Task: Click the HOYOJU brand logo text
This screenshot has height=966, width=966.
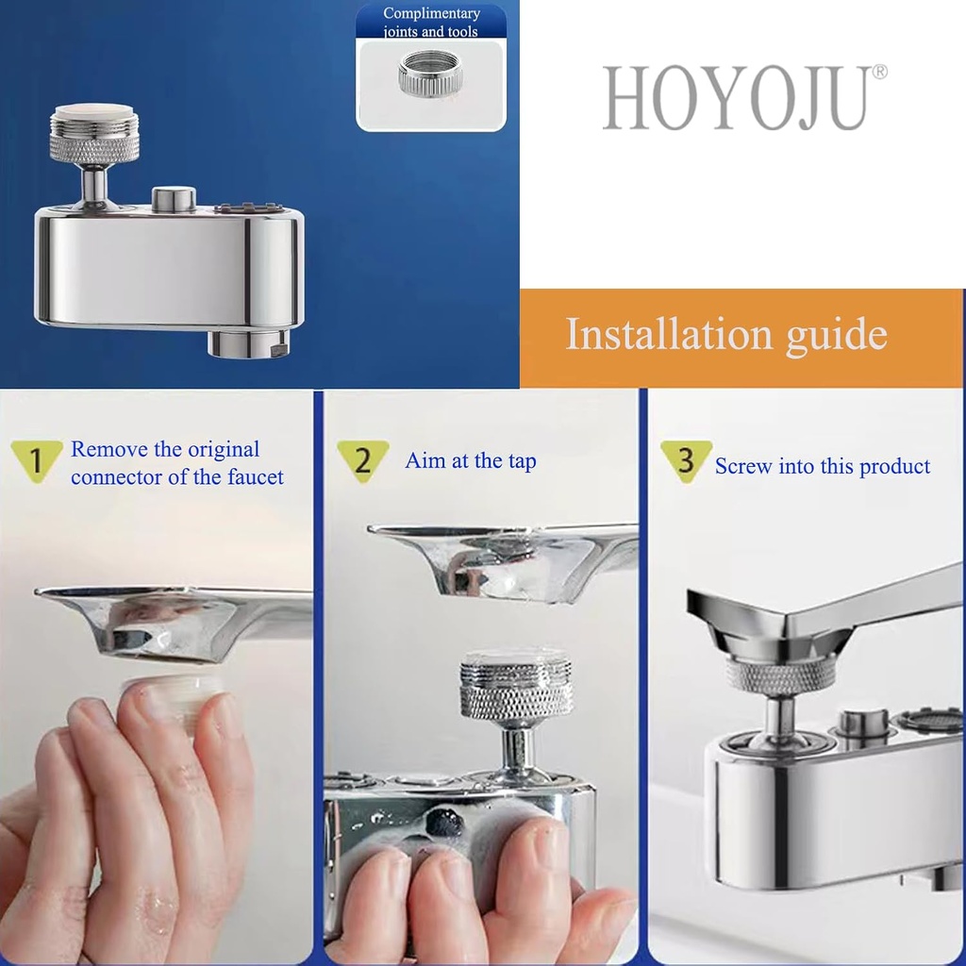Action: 734,98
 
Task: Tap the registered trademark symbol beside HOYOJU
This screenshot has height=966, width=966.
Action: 879,72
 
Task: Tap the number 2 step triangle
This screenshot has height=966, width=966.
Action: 363,459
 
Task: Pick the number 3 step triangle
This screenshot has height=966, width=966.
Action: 686,459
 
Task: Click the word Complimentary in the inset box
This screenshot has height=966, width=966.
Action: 431,13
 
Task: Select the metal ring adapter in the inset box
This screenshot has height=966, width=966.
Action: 430,75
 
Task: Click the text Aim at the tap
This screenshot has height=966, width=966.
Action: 470,461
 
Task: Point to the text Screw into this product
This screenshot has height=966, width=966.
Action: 822,466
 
